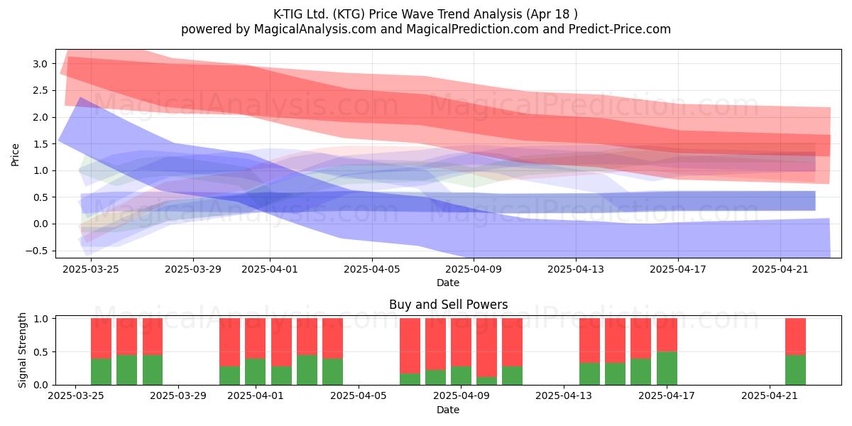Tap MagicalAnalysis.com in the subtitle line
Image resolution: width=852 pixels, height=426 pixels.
(315, 29)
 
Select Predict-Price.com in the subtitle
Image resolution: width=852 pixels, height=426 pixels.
(620, 29)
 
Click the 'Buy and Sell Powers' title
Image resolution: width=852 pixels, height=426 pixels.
(448, 305)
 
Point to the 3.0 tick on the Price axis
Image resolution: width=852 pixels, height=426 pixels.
(40, 64)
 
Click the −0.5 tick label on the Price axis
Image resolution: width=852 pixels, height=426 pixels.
(36, 251)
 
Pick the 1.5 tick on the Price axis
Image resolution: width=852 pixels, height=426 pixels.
(40, 143)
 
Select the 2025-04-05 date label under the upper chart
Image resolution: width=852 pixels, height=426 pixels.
(371, 269)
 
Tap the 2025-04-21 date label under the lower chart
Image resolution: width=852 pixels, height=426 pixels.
(770, 395)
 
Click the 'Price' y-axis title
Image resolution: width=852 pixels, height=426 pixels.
(15, 155)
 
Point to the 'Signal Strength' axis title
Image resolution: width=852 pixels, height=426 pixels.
(22, 350)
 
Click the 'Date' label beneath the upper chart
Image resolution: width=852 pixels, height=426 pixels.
(448, 283)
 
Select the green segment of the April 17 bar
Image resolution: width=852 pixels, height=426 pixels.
(667, 368)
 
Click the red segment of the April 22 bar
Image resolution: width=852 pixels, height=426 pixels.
(795, 337)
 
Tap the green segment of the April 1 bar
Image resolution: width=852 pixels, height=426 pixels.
(255, 371)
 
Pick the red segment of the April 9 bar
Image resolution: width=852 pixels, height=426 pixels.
(461, 342)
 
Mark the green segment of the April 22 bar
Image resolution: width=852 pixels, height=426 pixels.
(795, 370)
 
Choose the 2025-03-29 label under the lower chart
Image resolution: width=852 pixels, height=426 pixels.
(178, 395)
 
